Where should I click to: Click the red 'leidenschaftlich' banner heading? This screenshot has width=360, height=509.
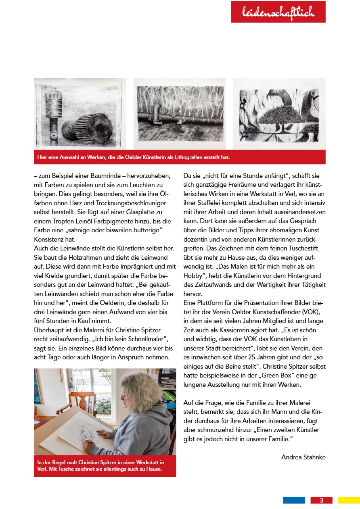click(278, 12)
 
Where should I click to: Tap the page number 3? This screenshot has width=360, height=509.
click(321, 501)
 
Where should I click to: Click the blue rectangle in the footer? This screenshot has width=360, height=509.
click(293, 501)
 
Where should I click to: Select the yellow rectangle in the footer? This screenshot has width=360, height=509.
click(349, 501)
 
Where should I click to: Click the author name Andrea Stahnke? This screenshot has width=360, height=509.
click(303, 457)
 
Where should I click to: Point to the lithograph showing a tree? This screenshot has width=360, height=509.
click(279, 114)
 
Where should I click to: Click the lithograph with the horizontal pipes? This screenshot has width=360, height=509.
click(180, 114)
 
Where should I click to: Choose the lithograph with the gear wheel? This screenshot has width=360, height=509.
click(80, 114)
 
